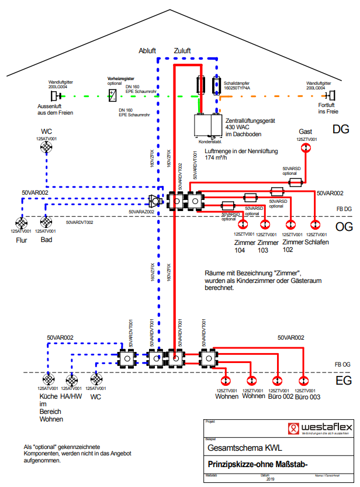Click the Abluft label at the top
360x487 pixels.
click(x=147, y=51)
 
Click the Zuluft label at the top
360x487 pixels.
click(x=182, y=51)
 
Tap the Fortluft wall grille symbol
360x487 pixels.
click(x=330, y=95)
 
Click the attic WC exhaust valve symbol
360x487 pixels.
click(x=47, y=148)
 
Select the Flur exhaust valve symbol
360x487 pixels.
click(x=22, y=223)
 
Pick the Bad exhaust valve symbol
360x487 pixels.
click(x=46, y=223)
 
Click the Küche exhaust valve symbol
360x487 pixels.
click(x=48, y=379)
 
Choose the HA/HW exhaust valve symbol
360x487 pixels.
click(x=72, y=379)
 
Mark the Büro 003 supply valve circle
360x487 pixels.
click(x=303, y=380)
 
